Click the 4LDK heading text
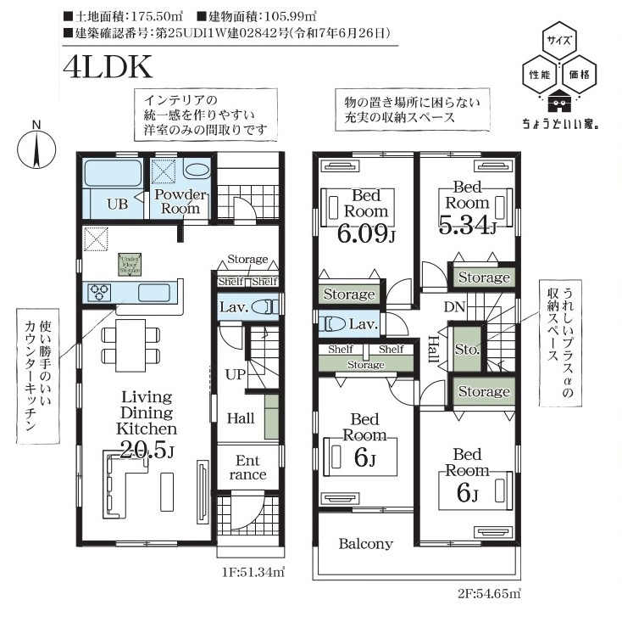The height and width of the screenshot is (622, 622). pos(107,66)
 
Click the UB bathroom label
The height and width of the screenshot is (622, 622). pos(116,204)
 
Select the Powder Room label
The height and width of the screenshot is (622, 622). pos(180,201)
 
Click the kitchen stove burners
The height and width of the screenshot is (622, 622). pos(99,292)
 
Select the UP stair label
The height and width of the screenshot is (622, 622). pos(234,373)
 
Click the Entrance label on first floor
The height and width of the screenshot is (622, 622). pos(247,468)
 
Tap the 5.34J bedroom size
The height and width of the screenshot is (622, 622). pos(466,224)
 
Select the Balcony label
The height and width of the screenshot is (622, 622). pos(365,544)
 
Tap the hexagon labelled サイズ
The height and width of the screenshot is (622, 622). pos(558,39)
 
